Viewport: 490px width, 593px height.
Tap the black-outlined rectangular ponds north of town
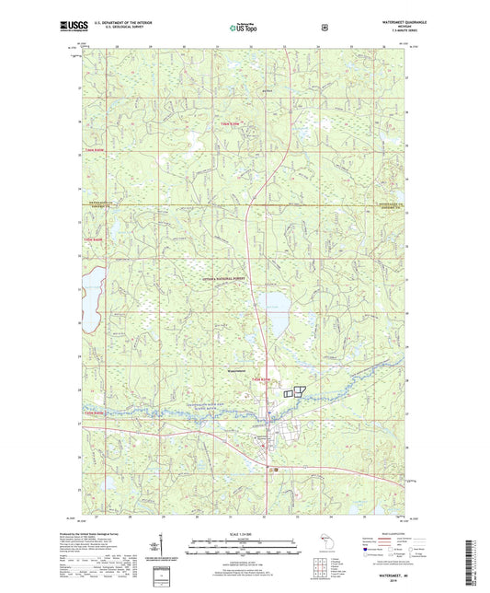point(292,392)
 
